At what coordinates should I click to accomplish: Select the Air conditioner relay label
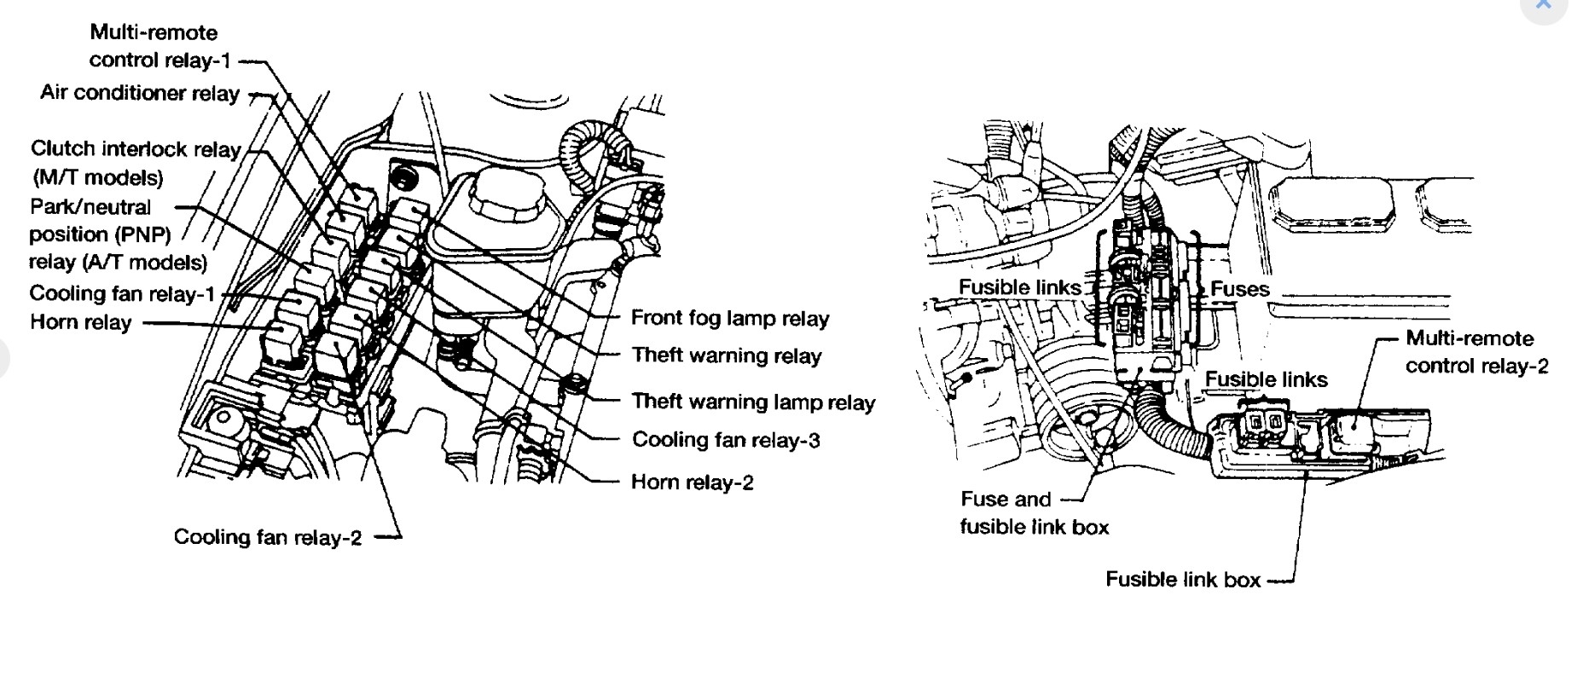pyautogui.click(x=140, y=93)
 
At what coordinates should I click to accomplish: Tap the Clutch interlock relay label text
pyautogui.click(x=136, y=149)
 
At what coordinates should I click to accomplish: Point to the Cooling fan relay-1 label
pyautogui.click(x=123, y=294)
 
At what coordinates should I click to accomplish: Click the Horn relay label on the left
pyautogui.click(x=81, y=322)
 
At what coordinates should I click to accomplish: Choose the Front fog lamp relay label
pyautogui.click(x=730, y=319)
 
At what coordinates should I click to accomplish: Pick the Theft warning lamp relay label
pyautogui.click(x=753, y=402)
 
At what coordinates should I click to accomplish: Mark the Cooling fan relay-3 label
pyautogui.click(x=726, y=440)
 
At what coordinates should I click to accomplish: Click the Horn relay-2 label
pyautogui.click(x=693, y=483)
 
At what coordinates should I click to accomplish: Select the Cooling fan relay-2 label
pyautogui.click(x=268, y=537)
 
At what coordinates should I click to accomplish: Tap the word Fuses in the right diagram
pyautogui.click(x=1240, y=290)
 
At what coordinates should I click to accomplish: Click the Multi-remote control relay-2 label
pyautogui.click(x=1476, y=352)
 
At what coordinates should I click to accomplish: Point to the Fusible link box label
pyautogui.click(x=1183, y=580)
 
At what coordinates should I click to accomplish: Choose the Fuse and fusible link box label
pyautogui.click(x=1034, y=513)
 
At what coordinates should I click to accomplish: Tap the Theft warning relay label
pyautogui.click(x=726, y=356)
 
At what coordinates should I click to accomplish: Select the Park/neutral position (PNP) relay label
pyautogui.click(x=118, y=234)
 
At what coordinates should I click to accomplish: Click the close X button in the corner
pyautogui.click(x=1543, y=4)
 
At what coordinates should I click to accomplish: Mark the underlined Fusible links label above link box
pyautogui.click(x=1266, y=379)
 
